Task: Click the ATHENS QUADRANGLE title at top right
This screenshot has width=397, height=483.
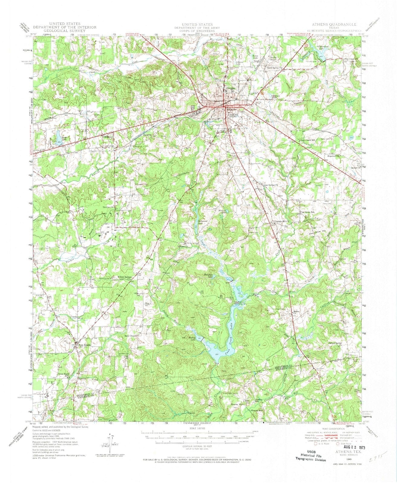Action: (x=334, y=24)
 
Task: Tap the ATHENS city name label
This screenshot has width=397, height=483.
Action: (x=233, y=115)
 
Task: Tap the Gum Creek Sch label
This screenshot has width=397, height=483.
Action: (x=306, y=140)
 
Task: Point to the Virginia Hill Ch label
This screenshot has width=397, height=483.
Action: (x=281, y=222)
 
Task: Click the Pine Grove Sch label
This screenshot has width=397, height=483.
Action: (x=307, y=213)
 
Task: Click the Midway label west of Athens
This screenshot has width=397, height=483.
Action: (x=108, y=137)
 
